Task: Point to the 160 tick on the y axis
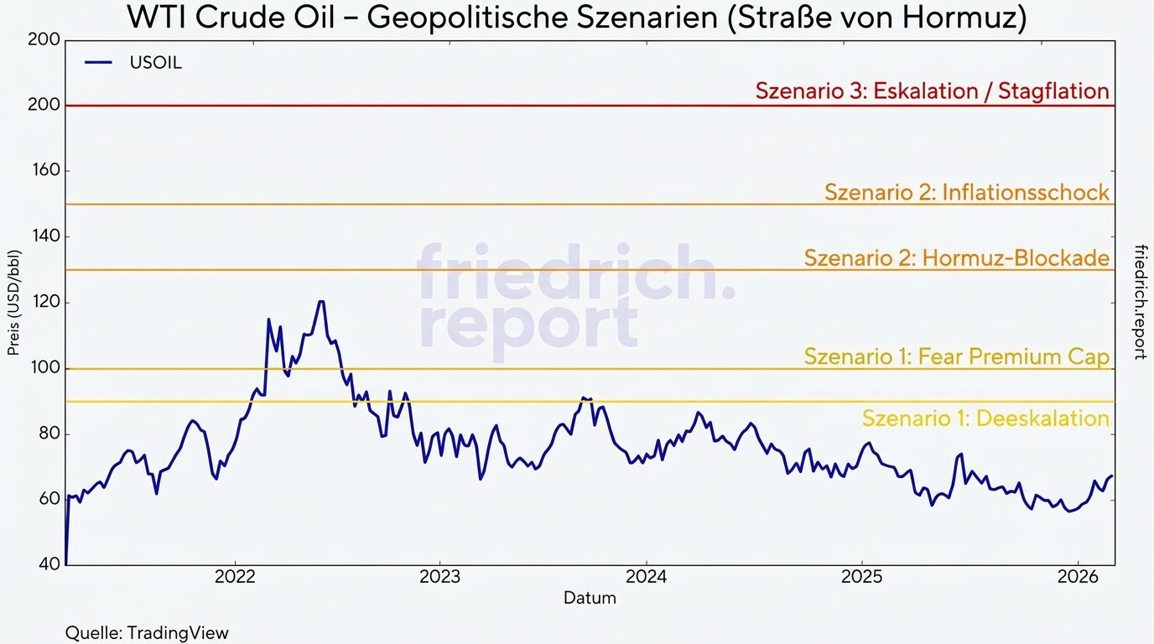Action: tap(46, 171)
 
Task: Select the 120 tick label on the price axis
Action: tap(46, 303)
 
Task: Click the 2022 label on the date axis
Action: tap(235, 578)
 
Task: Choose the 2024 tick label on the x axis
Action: tap(646, 578)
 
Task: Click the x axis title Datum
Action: tap(589, 598)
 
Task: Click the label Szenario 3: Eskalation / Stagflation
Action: tap(932, 91)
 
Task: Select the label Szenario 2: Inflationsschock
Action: tap(966, 192)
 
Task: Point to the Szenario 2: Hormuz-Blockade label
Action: tap(956, 257)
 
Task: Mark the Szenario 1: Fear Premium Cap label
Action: tap(956, 356)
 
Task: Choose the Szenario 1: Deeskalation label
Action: tap(985, 418)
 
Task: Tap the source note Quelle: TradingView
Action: tap(147, 632)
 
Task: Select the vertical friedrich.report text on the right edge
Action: tap(1140, 302)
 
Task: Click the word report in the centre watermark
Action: tap(528, 323)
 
